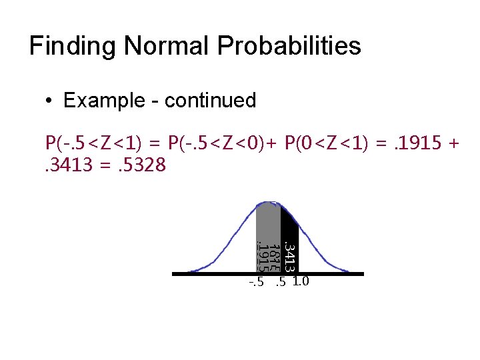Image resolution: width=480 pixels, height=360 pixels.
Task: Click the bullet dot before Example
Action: [50, 101]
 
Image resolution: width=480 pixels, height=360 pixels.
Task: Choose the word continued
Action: [210, 101]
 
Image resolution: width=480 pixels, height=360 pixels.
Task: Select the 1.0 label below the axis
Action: [300, 281]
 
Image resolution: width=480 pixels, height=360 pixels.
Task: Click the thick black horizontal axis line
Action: [200, 273]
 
